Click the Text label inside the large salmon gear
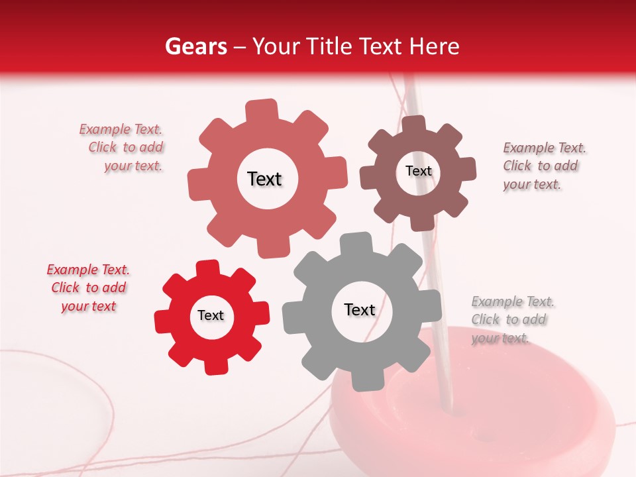click(x=264, y=179)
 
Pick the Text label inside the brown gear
click(x=418, y=171)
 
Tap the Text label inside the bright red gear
click(x=211, y=316)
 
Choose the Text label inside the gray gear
click(x=360, y=310)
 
